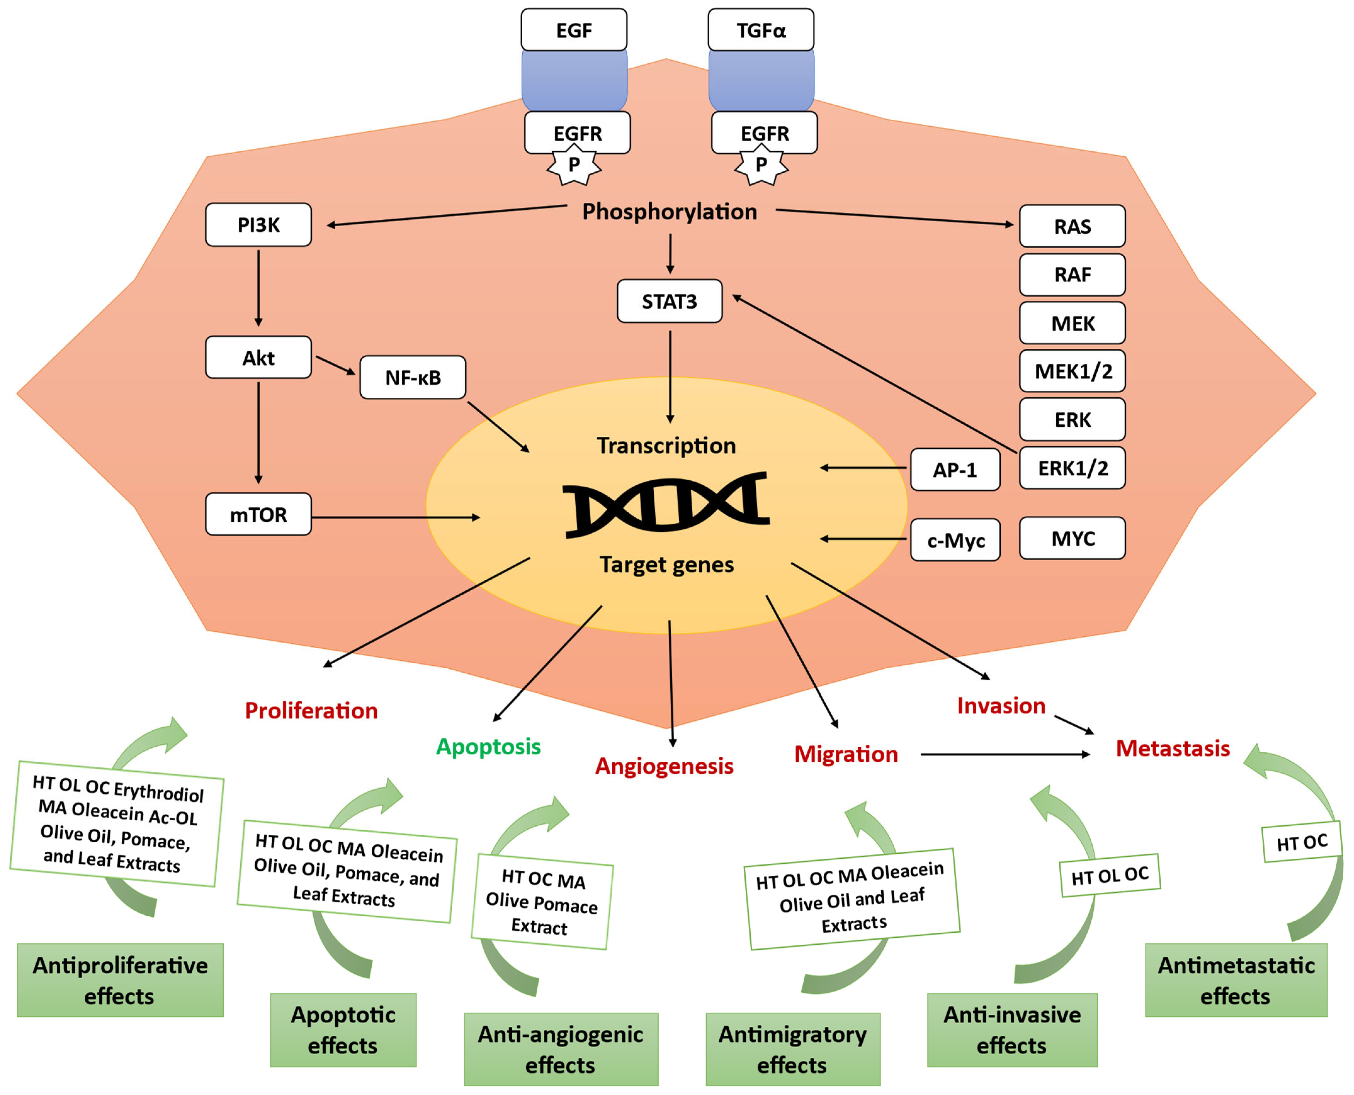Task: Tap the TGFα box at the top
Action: pos(760,30)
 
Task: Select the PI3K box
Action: pos(258,225)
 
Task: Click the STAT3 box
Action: pos(669,302)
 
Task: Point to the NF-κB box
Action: pos(413,377)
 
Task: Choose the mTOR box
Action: pos(258,515)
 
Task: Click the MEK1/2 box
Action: pos(1072,371)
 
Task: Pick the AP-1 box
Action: pos(955,469)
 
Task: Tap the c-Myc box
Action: pos(955,540)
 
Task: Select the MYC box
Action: pos(1072,538)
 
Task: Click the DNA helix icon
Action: pos(665,505)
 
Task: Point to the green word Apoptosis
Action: pos(488,746)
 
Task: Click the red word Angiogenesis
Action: pos(664,766)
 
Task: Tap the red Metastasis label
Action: pos(1172,748)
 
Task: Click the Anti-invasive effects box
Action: pos(1011,1029)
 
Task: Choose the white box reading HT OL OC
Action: pos(1109,875)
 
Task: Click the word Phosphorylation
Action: pos(669,211)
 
